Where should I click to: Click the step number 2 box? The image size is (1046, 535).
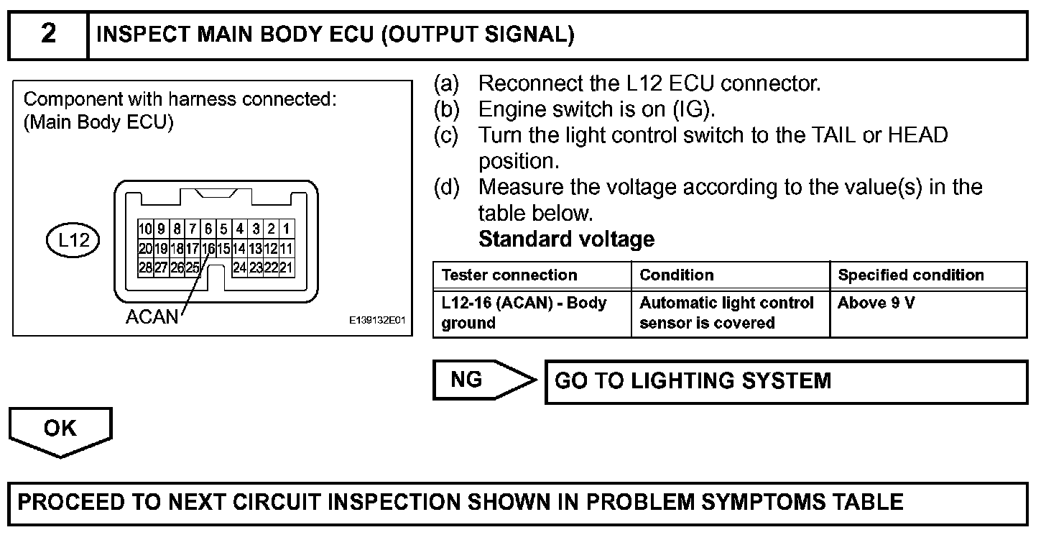pyautogui.click(x=47, y=35)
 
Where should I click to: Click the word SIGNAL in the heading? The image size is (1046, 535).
pyautogui.click(x=525, y=35)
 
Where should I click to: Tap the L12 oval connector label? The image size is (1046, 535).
pyautogui.click(x=73, y=239)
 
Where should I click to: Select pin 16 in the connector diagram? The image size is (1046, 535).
pyautogui.click(x=208, y=249)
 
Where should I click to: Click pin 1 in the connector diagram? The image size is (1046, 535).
pyautogui.click(x=287, y=230)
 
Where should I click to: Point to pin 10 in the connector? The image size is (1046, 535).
pyautogui.click(x=144, y=230)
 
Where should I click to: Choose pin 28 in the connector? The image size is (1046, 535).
pyautogui.click(x=144, y=267)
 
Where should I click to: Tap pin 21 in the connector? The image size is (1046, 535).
pyautogui.click(x=287, y=267)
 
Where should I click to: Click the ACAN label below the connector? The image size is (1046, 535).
pyautogui.click(x=152, y=317)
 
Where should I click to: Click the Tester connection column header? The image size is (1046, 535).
pyautogui.click(x=509, y=275)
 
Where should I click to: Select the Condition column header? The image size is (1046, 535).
pyautogui.click(x=676, y=275)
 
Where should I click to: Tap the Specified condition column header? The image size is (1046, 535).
pyautogui.click(x=911, y=275)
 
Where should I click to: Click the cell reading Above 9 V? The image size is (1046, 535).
pyautogui.click(x=876, y=303)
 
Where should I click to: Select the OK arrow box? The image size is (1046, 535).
pyautogui.click(x=60, y=430)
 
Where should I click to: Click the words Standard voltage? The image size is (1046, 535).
pyautogui.click(x=566, y=239)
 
